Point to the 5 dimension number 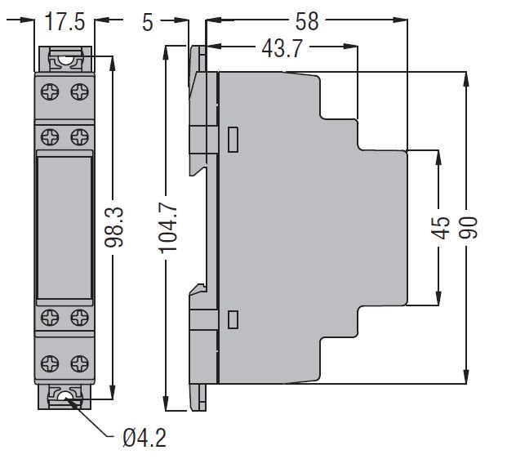[x=148, y=22]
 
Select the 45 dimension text [x=441, y=228]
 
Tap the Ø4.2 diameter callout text [x=145, y=439]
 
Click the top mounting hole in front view [x=64, y=60]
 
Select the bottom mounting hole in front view [x=64, y=399]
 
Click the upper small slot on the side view [x=233, y=140]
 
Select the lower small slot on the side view [x=233, y=319]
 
